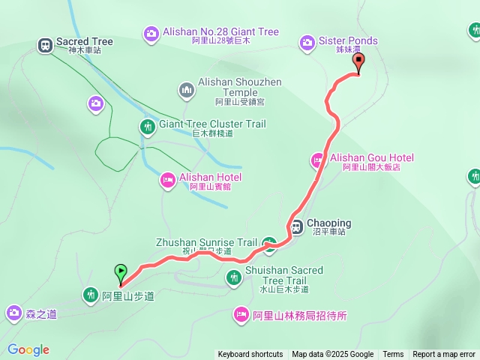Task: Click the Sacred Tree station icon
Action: [46, 46]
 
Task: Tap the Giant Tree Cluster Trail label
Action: [213, 124]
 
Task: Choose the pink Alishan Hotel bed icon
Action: [168, 179]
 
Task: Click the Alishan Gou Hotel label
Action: [372, 157]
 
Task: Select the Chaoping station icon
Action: [297, 224]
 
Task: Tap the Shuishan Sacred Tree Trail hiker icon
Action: [234, 278]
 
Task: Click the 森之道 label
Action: [42, 314]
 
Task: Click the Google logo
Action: [28, 349]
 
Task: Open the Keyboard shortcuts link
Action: [250, 355]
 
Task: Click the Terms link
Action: [393, 355]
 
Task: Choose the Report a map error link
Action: [444, 355]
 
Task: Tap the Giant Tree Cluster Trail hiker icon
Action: [148, 127]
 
